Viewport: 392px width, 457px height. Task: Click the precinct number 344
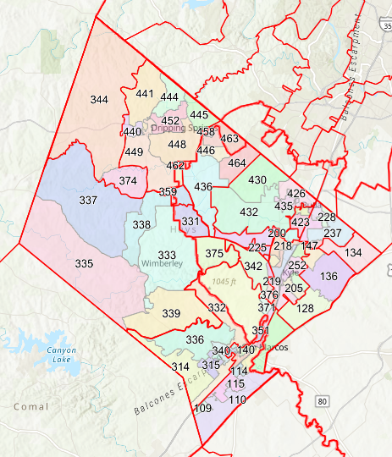tap(99, 100)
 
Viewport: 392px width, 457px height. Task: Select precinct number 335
tap(84, 264)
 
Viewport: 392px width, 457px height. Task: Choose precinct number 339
tap(171, 314)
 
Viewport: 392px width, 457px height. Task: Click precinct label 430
tap(257, 179)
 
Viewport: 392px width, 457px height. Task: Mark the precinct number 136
tap(329, 277)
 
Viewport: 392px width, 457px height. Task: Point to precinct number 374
tap(128, 180)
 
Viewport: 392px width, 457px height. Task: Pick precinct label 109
tap(202, 408)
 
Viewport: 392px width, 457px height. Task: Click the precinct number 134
tap(353, 253)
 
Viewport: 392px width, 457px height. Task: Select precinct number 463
tap(229, 139)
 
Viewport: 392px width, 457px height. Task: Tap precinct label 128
tap(305, 308)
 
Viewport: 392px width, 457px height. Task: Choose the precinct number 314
tap(180, 366)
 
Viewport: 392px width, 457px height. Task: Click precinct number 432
tap(249, 212)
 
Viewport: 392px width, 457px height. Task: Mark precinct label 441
tap(145, 94)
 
